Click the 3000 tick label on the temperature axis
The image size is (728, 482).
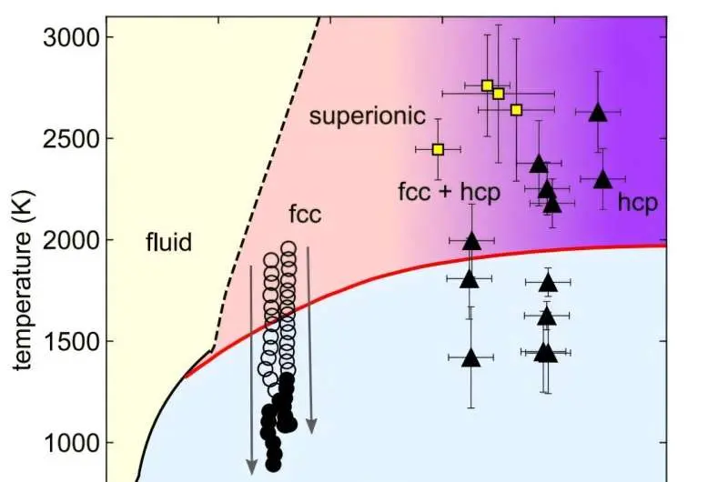tap(71, 37)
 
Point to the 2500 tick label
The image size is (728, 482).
tap(71, 138)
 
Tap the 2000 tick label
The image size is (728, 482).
tap(71, 240)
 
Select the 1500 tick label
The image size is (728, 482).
tap(71, 341)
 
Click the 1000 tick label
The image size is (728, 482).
tap(71, 443)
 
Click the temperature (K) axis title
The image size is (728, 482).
tap(22, 280)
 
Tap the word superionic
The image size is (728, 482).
tap(368, 115)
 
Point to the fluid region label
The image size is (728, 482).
tap(168, 242)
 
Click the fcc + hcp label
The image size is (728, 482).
tap(449, 192)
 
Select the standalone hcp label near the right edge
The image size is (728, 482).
tap(638, 203)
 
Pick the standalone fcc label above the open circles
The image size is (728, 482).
tap(305, 215)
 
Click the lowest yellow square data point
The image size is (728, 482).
tap(438, 149)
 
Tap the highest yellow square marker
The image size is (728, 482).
tap(487, 85)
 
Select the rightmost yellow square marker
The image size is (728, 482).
tap(516, 110)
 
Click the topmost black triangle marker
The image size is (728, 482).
tap(598, 112)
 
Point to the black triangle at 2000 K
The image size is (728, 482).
tap(471, 241)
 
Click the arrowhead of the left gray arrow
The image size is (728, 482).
tap(252, 467)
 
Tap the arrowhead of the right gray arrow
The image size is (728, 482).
tap(311, 426)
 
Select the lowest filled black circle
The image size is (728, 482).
tap(274, 464)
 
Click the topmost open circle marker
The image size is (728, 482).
tap(288, 248)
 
